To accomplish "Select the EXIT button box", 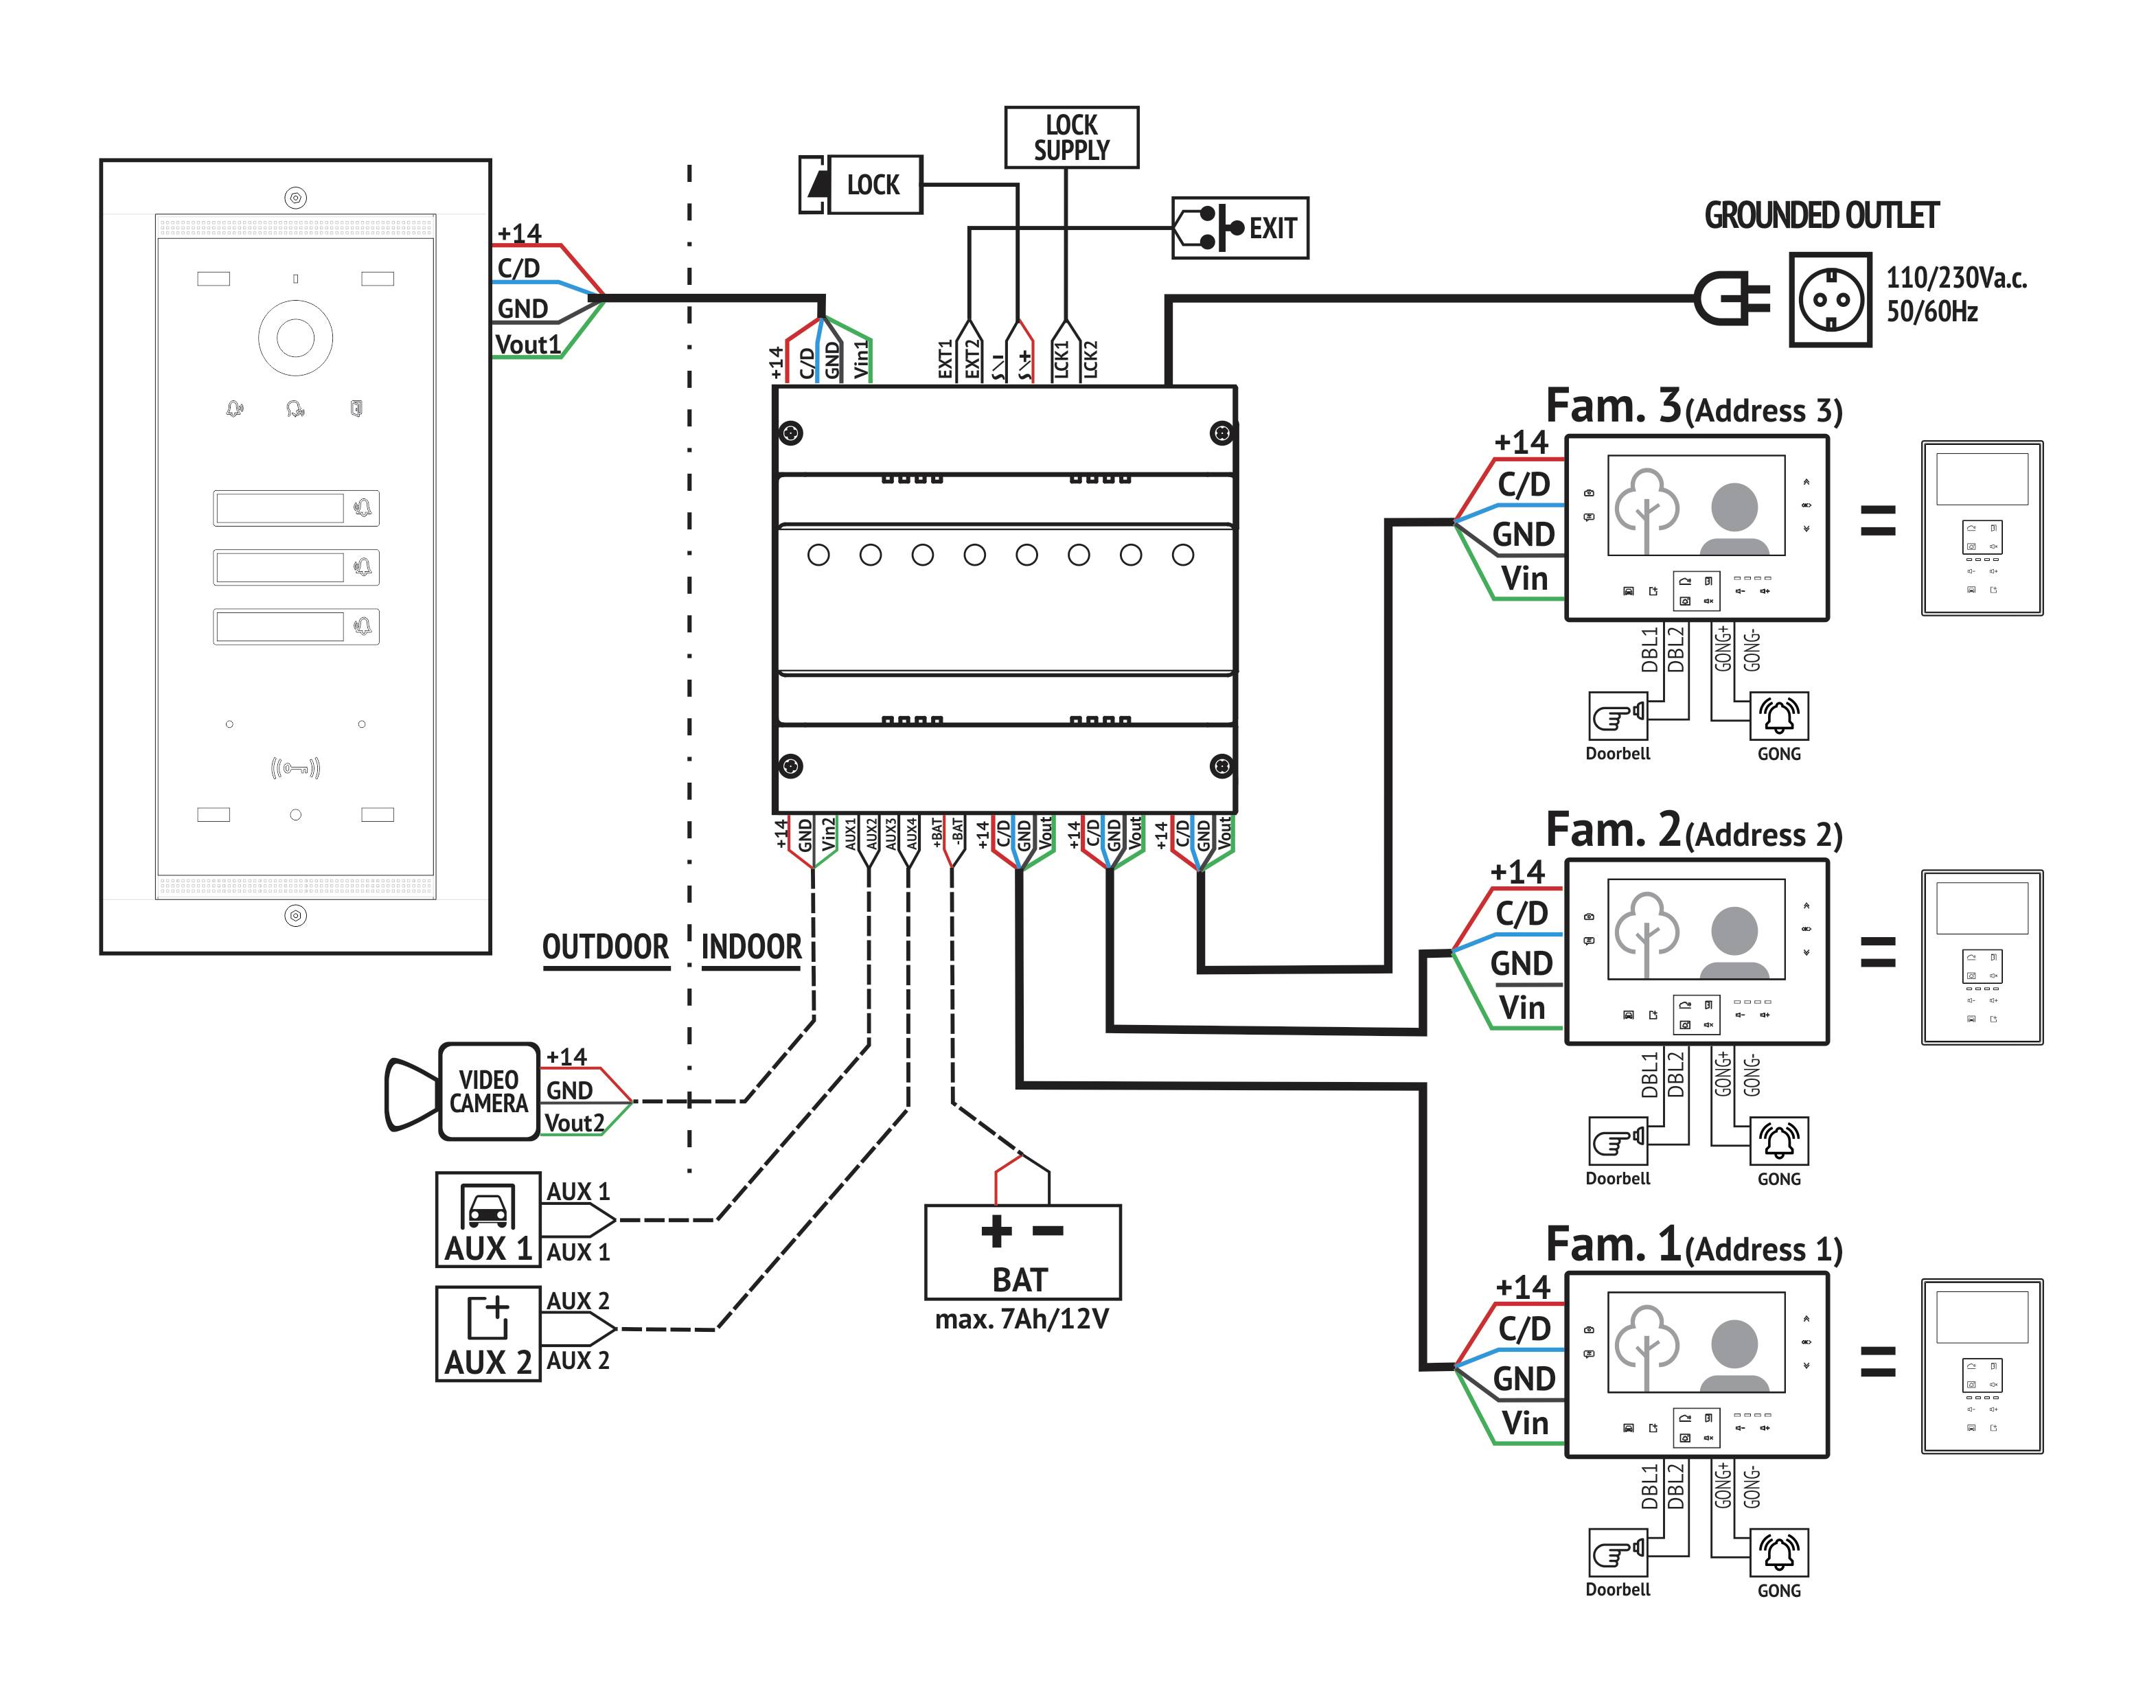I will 1239,228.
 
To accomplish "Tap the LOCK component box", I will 862,184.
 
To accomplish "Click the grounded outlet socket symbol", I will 1830,299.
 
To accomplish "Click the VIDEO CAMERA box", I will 488,1091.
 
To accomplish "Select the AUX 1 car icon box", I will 487,1219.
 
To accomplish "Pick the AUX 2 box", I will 487,1333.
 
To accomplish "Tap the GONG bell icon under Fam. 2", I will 1779,1141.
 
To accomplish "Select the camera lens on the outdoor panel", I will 295,337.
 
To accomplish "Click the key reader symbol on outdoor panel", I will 295,768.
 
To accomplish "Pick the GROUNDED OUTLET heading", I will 1822,215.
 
